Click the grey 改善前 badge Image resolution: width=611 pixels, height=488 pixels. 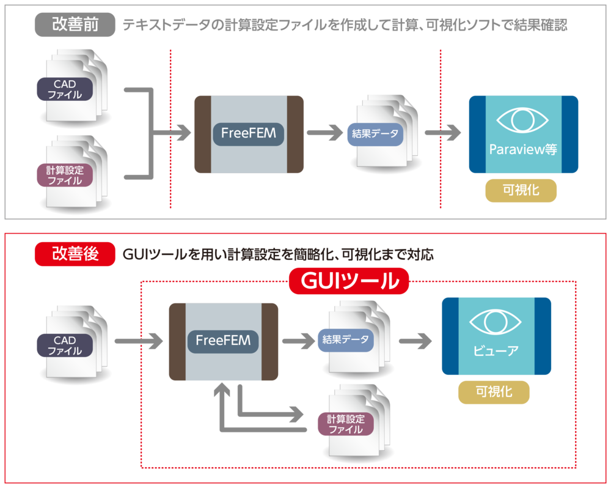(x=75, y=24)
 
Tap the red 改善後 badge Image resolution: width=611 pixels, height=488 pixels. (x=75, y=254)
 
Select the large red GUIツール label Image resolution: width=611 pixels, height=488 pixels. (x=349, y=281)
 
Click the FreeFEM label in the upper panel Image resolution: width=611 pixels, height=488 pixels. (x=249, y=133)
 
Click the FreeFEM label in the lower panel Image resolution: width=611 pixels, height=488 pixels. (x=223, y=341)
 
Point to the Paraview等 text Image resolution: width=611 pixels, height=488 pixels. (x=523, y=149)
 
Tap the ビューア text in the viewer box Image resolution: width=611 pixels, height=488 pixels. (x=496, y=350)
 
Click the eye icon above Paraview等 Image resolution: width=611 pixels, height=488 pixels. (x=522, y=120)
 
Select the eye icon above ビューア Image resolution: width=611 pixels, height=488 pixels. (x=496, y=322)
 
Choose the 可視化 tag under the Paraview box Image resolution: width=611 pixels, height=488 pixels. (x=521, y=190)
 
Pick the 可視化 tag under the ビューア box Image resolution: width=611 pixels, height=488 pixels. (x=494, y=392)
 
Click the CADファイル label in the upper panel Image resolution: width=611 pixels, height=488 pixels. (x=65, y=89)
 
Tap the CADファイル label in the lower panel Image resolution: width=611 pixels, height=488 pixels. (x=65, y=346)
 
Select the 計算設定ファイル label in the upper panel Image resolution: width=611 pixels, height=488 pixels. (x=65, y=175)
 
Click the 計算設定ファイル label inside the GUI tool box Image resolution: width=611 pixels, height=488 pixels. (x=346, y=424)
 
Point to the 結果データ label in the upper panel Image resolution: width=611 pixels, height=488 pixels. (x=375, y=134)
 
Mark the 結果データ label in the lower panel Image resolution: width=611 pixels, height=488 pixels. (x=346, y=340)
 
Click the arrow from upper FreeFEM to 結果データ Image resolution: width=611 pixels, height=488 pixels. (x=324, y=133)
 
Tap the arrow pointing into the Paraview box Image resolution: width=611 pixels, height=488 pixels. (x=442, y=133)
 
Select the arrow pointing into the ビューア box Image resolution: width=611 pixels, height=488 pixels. (x=415, y=341)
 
